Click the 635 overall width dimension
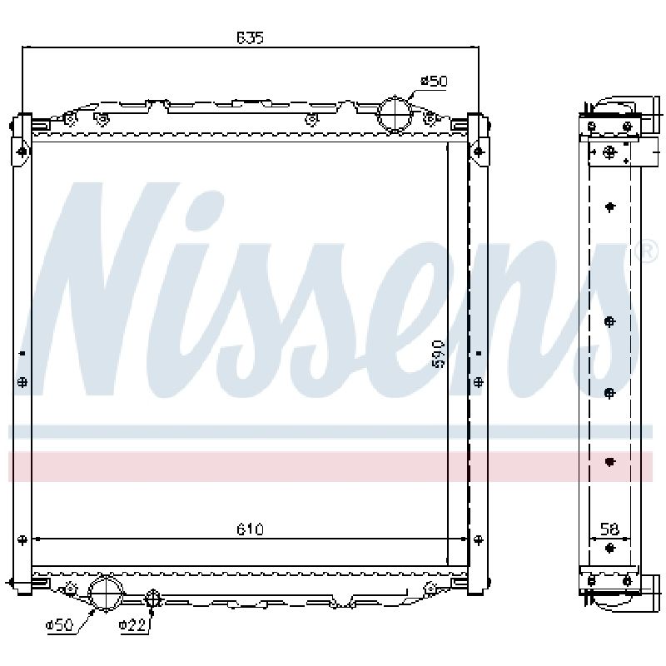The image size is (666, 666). (251, 38)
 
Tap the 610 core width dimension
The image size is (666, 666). (251, 529)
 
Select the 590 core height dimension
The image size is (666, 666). (438, 353)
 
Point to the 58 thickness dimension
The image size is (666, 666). (609, 529)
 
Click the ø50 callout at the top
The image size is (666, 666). (434, 81)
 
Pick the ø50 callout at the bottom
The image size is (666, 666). (59, 625)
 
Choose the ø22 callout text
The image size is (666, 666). (132, 625)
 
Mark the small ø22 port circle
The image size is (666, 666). (152, 599)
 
